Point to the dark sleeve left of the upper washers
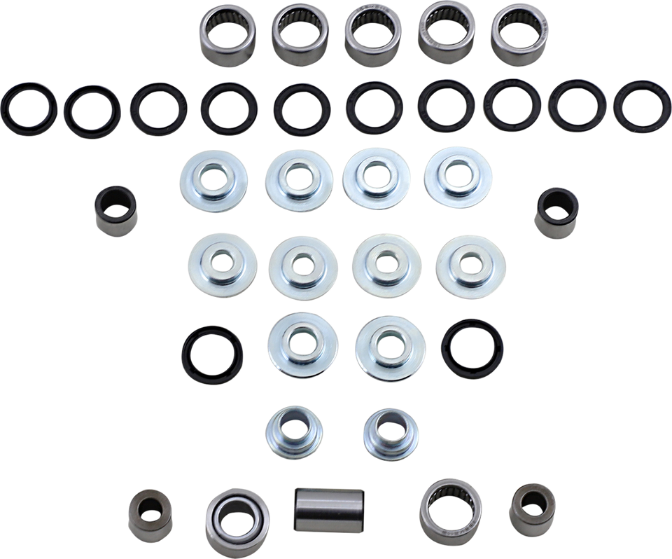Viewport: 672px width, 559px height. [x=115, y=208]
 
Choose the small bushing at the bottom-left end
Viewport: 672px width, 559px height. [x=150, y=516]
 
